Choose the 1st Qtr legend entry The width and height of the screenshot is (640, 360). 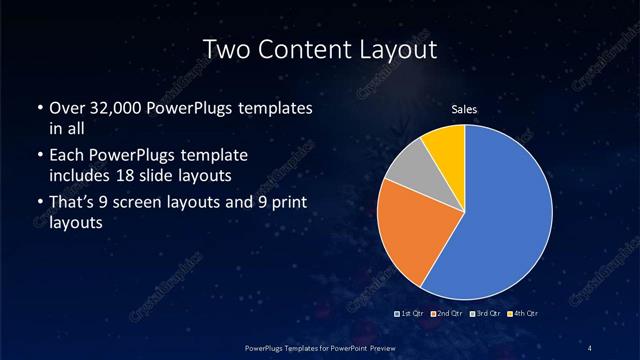[411, 313]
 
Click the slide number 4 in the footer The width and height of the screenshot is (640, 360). [591, 346]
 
